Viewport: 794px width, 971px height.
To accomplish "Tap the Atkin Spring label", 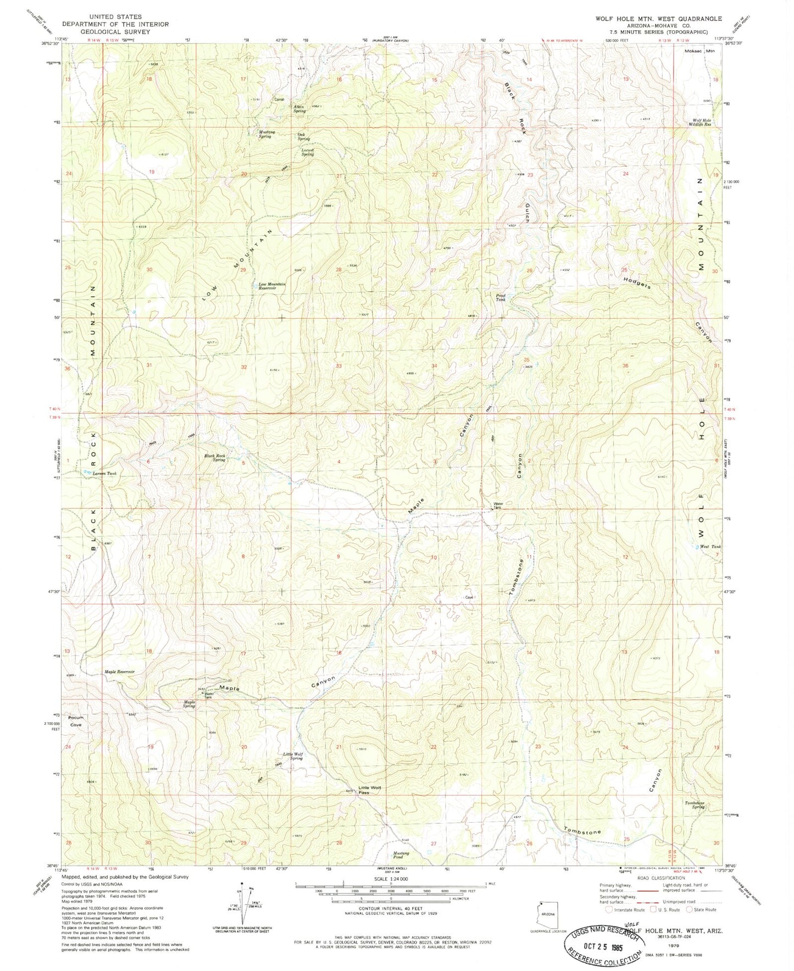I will click(x=299, y=109).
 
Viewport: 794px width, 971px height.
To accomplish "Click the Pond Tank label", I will click(x=501, y=297).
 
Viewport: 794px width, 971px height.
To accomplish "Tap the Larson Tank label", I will click(x=104, y=473).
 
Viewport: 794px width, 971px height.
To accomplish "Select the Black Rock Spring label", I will click(x=215, y=458).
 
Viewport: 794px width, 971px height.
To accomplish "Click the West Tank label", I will click(x=709, y=546).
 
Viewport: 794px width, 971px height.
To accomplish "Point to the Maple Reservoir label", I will click(x=119, y=672).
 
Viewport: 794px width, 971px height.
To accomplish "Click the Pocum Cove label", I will click(x=75, y=721).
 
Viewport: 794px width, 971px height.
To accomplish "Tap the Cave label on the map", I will click(x=469, y=597).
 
